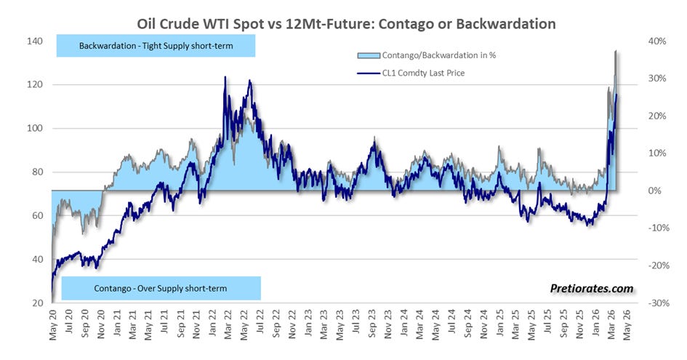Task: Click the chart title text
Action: [346, 23]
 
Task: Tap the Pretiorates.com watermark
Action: [592, 289]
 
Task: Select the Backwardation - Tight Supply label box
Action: [156, 46]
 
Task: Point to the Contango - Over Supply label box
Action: [161, 289]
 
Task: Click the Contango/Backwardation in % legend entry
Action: [427, 55]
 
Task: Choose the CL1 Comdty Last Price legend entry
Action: [411, 73]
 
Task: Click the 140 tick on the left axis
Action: [35, 41]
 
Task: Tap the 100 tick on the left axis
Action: [35, 128]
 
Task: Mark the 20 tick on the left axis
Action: [37, 303]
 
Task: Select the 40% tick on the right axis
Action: [656, 41]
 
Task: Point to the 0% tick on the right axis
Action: [654, 191]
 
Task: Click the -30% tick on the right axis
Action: [659, 303]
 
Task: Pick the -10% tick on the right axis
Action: [659, 228]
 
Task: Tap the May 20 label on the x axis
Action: [54, 324]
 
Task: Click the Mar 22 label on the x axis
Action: [228, 324]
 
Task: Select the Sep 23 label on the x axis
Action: [372, 324]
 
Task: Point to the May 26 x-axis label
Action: [627, 324]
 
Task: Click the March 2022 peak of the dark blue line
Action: [225, 77]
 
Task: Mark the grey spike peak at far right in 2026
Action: [616, 51]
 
